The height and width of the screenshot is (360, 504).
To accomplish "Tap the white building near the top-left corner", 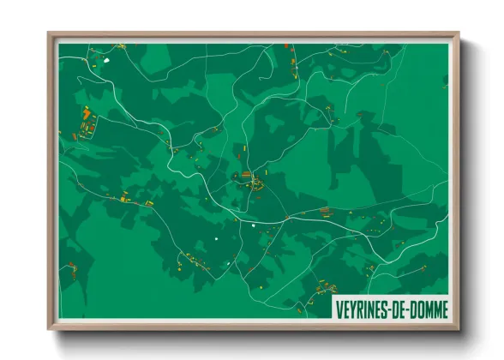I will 106,60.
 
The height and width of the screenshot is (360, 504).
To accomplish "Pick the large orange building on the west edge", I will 86,113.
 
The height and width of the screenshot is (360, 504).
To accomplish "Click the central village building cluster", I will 249,180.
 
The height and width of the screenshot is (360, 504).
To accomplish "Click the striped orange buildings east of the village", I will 325,210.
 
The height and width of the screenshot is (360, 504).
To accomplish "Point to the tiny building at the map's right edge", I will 444,81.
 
